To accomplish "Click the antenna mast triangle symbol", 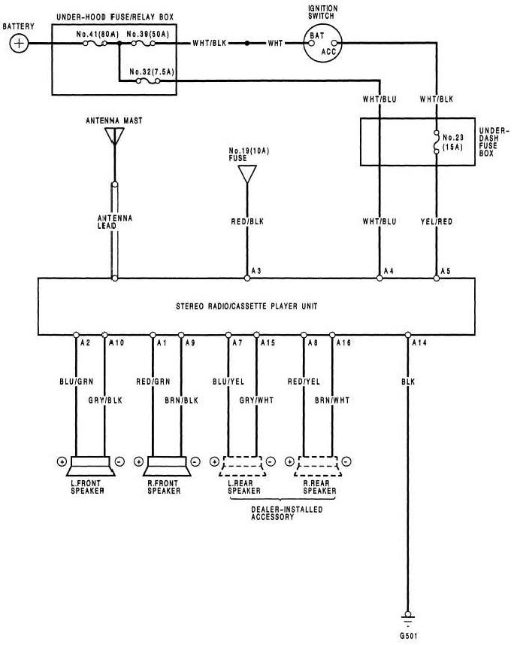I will click(114, 135).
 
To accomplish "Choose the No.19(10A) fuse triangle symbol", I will click(246, 174).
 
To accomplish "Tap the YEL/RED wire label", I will click(436, 222).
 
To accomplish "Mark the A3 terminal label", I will click(255, 270).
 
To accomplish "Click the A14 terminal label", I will click(419, 343).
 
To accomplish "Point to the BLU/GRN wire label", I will click(76, 382).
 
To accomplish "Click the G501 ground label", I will click(410, 634).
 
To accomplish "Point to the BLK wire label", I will click(410, 382).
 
